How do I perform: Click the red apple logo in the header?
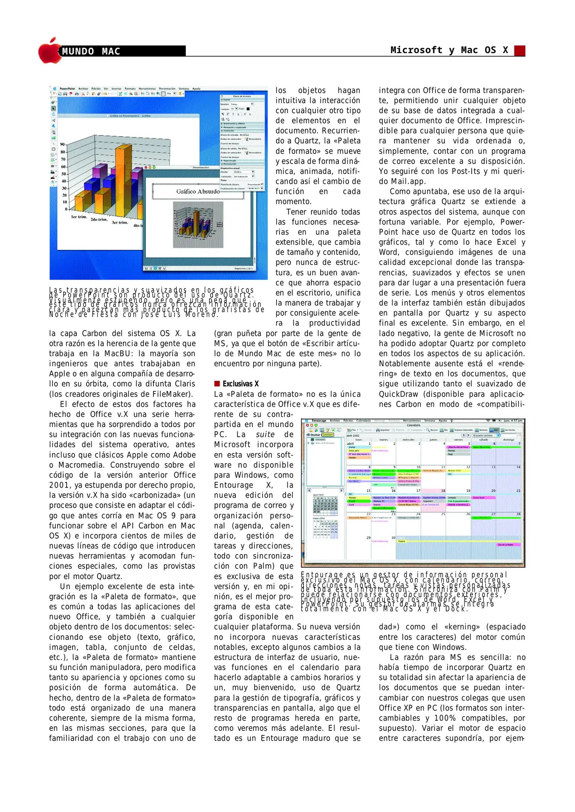(49, 51)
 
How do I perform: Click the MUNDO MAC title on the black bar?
(91, 52)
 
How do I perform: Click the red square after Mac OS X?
(519, 51)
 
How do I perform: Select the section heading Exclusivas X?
(241, 384)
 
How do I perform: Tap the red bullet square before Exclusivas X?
(217, 384)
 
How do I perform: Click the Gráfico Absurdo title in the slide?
(198, 191)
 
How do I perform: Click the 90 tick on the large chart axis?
(62, 144)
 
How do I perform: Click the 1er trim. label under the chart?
(79, 217)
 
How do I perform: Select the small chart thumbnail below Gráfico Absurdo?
(198, 225)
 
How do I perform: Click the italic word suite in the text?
(265, 435)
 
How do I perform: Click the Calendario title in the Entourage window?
(413, 425)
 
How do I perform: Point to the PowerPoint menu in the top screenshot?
(67, 89)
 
